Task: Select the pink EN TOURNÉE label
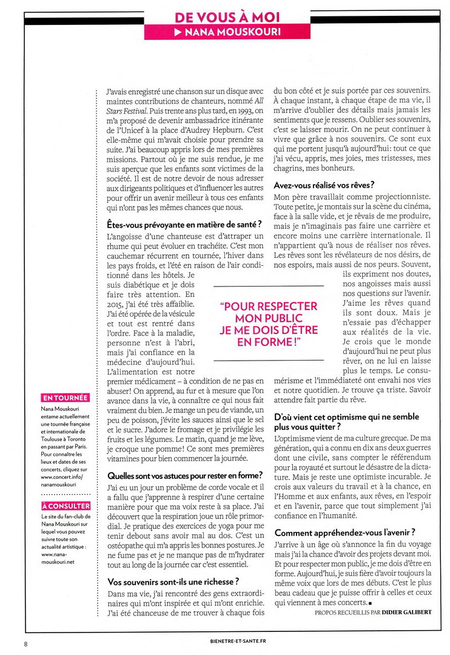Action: tap(65, 398)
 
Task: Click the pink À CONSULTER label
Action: tap(66, 506)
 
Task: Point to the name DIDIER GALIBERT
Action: tap(406, 612)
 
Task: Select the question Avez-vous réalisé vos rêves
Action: tap(324, 185)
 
